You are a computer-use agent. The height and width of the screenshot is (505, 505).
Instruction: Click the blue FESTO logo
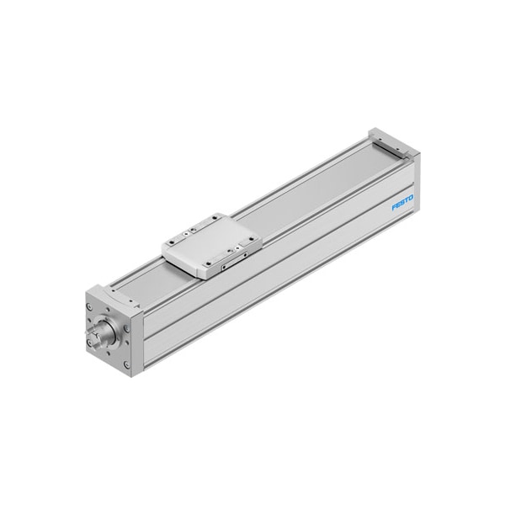[x=402, y=202]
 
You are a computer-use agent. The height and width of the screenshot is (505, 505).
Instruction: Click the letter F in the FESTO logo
[x=394, y=207]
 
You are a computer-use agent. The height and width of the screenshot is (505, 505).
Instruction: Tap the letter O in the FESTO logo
[x=411, y=199]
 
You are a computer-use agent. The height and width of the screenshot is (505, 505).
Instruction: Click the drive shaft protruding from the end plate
[x=96, y=336]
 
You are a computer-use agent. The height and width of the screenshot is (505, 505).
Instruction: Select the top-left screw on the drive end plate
[x=89, y=307]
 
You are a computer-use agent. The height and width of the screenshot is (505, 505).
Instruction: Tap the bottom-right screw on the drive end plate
[x=126, y=364]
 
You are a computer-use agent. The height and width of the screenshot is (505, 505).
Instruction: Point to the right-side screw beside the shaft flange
[x=126, y=329]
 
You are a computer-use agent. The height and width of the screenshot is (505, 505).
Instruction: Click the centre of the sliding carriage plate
[x=211, y=245]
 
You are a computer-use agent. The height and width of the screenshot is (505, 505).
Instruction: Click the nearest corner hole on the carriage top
[x=209, y=263]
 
